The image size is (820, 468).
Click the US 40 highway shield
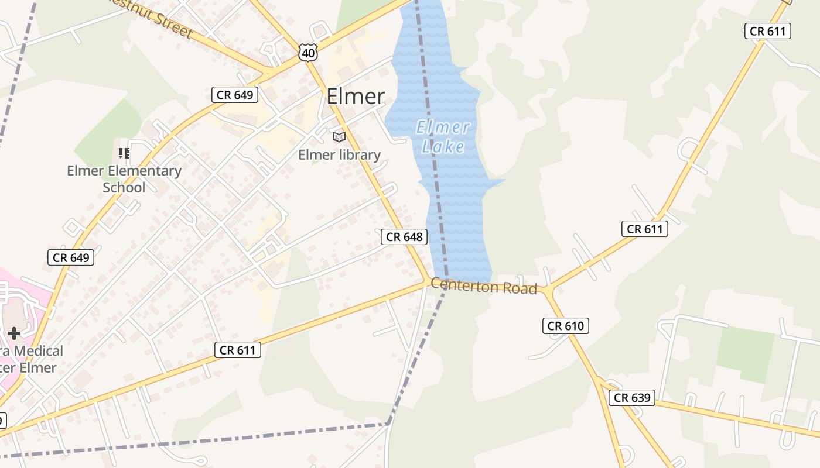click(307, 52)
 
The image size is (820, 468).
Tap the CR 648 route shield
click(404, 236)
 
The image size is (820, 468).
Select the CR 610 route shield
click(566, 326)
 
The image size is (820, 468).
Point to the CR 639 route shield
click(631, 398)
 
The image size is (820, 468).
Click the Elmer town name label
click(356, 97)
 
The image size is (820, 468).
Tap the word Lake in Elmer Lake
click(443, 146)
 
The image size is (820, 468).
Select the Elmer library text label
click(339, 155)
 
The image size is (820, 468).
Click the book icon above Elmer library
click(339, 137)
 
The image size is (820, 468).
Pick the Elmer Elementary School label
click(124, 179)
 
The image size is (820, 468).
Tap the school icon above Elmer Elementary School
click(124, 153)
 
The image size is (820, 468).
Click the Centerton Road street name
click(484, 287)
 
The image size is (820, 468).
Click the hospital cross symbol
click(14, 333)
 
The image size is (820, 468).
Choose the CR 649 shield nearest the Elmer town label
click(235, 95)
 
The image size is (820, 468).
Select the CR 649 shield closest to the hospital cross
click(71, 257)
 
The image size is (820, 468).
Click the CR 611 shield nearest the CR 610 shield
click(645, 229)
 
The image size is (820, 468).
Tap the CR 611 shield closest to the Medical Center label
click(237, 350)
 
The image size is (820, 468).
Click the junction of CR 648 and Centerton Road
click(428, 281)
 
